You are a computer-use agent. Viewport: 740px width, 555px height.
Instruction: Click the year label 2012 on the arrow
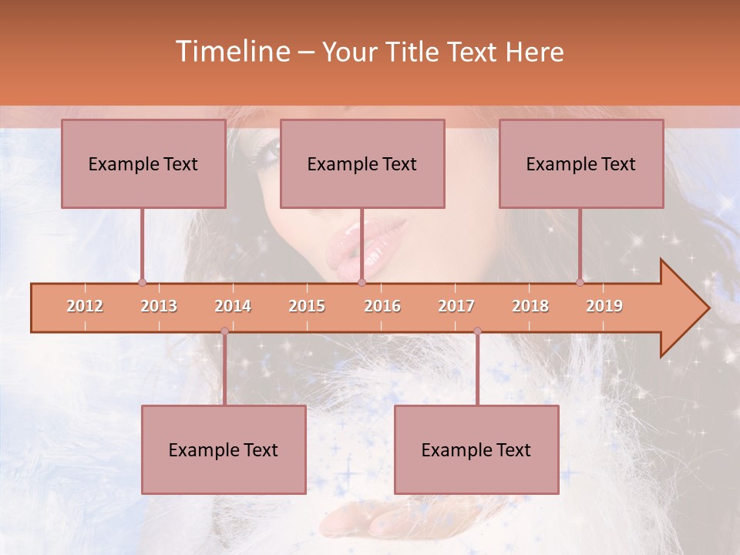point(85,306)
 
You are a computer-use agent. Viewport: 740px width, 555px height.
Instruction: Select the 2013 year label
point(159,306)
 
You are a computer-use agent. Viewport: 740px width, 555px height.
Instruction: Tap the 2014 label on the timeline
point(233,306)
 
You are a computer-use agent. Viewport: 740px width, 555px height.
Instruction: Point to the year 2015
point(307,306)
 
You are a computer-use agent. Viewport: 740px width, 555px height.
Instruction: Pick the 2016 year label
point(382,306)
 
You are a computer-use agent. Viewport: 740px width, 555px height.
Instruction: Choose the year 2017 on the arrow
point(456,306)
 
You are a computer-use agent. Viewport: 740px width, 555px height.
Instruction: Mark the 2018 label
point(530,306)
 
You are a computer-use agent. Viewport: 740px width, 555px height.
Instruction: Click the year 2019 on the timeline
point(604,306)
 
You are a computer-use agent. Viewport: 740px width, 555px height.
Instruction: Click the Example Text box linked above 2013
point(143,163)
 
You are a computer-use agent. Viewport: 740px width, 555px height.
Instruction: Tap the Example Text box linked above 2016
point(362,163)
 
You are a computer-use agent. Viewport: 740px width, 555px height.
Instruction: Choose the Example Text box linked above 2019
point(581,163)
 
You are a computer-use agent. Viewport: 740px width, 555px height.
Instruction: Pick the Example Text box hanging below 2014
point(224,449)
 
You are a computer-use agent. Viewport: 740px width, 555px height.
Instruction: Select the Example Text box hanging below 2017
point(476,449)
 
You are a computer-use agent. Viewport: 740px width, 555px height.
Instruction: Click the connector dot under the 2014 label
point(224,331)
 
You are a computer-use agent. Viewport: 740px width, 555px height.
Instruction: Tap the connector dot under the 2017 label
point(477,331)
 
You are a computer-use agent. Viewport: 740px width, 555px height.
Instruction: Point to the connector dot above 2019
point(580,282)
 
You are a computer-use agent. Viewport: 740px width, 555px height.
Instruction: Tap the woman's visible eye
point(267,150)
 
